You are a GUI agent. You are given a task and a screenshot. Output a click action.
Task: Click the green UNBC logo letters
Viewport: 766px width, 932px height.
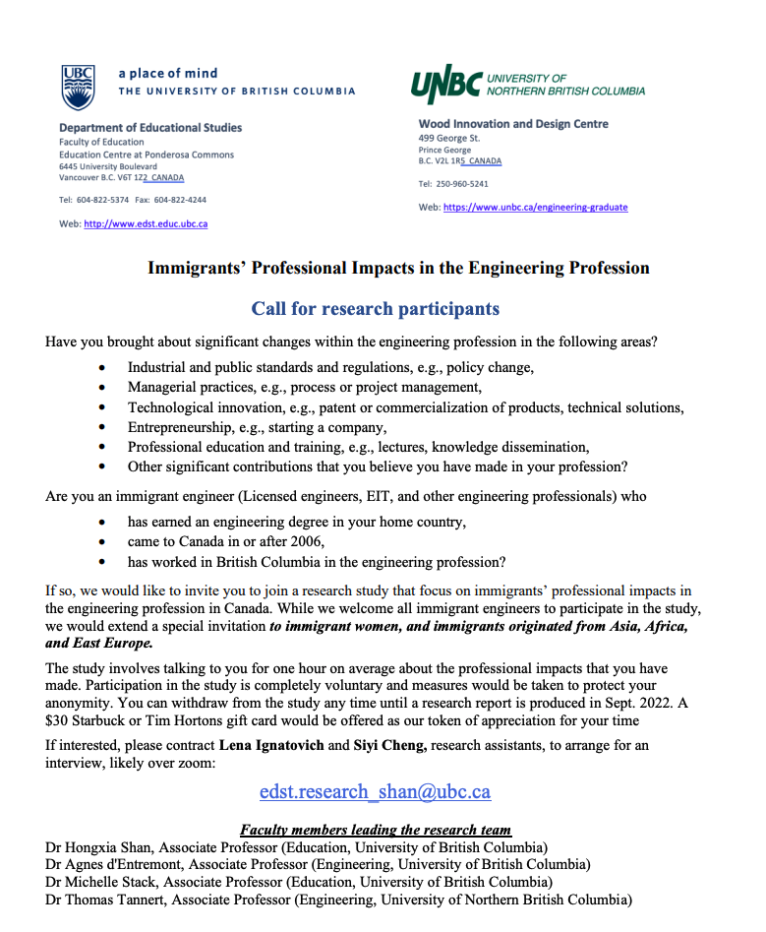[444, 86]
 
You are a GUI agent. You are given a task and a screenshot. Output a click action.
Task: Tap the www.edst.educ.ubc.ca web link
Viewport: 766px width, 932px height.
[146, 224]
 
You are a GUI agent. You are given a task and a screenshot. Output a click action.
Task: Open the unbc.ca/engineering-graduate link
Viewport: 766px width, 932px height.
[535, 208]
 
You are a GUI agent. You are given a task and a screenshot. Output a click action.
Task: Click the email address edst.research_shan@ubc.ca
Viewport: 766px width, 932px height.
[375, 791]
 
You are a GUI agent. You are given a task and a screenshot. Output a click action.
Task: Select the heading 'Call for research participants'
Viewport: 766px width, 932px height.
[375, 309]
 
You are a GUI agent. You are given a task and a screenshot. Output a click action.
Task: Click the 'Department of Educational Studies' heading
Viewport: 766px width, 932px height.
[150, 128]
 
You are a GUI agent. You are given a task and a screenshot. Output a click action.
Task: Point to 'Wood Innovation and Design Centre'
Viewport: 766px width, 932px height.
[513, 124]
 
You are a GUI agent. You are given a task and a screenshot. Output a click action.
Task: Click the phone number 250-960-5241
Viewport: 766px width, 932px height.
[460, 184]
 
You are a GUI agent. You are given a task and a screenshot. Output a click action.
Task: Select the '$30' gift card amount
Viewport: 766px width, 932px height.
[57, 720]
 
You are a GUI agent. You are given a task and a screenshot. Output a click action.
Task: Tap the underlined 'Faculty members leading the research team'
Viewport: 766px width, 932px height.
[376, 830]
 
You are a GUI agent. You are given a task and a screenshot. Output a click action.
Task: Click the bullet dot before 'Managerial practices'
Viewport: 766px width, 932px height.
[104, 388]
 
